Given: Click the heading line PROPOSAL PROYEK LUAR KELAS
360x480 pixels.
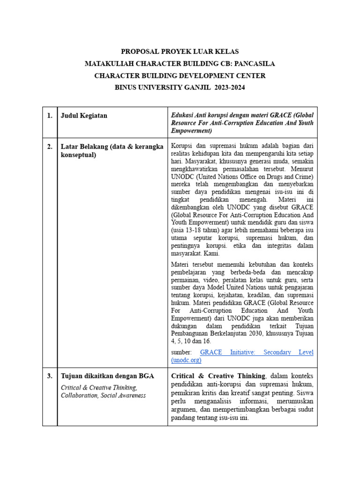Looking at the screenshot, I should coord(180,52).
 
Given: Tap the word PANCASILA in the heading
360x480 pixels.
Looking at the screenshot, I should coord(255,63).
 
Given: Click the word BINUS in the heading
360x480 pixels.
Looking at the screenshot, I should coord(127,87).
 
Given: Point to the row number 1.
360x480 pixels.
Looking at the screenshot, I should coord(50,116).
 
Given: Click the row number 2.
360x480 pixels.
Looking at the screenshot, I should coord(50,147).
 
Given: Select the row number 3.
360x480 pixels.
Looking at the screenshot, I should coord(50,375).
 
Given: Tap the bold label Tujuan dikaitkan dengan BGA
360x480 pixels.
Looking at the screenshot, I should coord(107,375).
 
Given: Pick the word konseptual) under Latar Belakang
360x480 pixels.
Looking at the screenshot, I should coord(78,155).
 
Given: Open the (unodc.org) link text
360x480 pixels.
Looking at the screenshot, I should coord(186,360).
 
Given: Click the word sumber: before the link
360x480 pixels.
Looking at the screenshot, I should coord(181,352).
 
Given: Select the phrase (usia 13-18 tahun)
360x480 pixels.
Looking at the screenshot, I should coord(196,230).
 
